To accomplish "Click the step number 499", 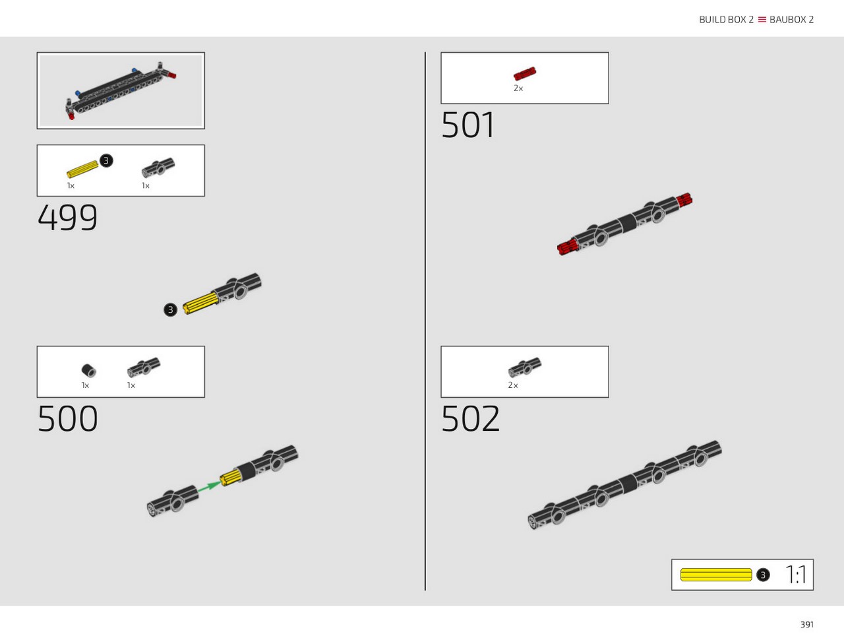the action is (68, 217).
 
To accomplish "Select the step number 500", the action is (68, 418).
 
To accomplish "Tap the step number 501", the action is (467, 125).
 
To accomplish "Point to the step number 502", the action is (471, 418).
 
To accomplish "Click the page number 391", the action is (806, 624).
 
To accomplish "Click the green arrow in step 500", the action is (210, 486).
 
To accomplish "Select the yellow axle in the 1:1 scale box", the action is (716, 574).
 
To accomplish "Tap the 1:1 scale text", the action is (796, 574).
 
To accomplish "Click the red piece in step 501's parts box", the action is (525, 73).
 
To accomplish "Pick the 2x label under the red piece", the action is (518, 88).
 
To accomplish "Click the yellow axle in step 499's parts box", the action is (82, 170).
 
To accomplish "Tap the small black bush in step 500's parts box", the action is (89, 370).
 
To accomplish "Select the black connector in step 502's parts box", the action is (524, 368).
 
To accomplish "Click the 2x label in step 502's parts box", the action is (513, 385).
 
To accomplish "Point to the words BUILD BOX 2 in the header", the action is (726, 20).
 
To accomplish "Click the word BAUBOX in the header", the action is (788, 20).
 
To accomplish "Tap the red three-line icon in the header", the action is (762, 20).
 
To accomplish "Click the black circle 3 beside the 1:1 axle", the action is (763, 575).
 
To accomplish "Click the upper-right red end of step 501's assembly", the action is (684, 200).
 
